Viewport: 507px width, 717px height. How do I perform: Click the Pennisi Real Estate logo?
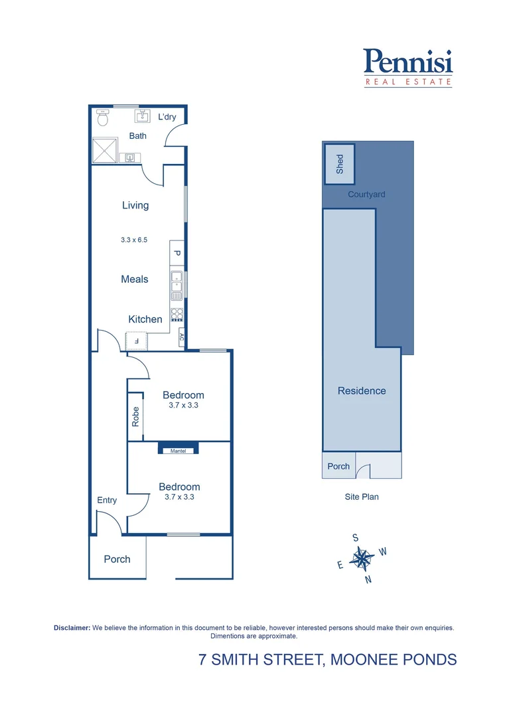pyautogui.click(x=408, y=68)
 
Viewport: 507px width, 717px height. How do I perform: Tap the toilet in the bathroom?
pyautogui.click(x=102, y=118)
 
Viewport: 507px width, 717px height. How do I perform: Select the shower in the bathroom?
pyautogui.click(x=104, y=150)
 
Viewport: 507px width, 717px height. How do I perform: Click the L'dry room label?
pyautogui.click(x=167, y=117)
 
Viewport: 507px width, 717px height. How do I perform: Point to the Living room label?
pyautogui.click(x=135, y=205)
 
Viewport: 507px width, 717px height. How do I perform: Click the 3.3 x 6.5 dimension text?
pyautogui.click(x=134, y=240)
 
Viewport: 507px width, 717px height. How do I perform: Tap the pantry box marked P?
pyautogui.click(x=177, y=252)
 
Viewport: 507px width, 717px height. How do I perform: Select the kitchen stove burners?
pyautogui.click(x=177, y=314)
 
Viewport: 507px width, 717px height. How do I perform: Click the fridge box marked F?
pyautogui.click(x=137, y=341)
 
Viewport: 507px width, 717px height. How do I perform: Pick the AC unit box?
pyautogui.click(x=181, y=337)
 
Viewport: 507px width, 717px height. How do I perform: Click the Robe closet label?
pyautogui.click(x=135, y=416)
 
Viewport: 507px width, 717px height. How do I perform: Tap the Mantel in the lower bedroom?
pyautogui.click(x=179, y=450)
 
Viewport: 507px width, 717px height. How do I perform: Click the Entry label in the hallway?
pyautogui.click(x=107, y=500)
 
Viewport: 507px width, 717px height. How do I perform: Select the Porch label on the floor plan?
pyautogui.click(x=117, y=559)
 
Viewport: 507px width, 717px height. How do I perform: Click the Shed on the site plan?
pyautogui.click(x=340, y=164)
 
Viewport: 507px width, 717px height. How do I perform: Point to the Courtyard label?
pyautogui.click(x=366, y=195)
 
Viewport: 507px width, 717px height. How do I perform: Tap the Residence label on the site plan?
pyautogui.click(x=362, y=390)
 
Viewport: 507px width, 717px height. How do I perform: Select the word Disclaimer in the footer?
pyautogui.click(x=72, y=627)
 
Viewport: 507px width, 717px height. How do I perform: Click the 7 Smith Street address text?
pyautogui.click(x=328, y=659)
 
